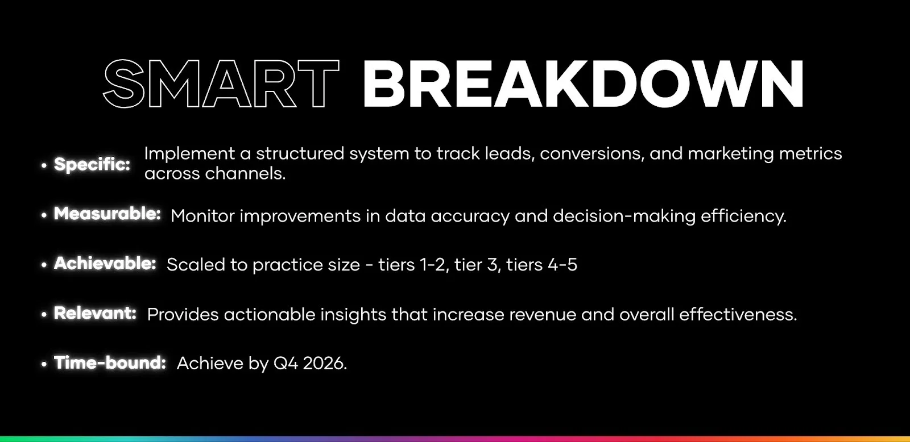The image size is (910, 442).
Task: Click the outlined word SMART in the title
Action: tap(221, 84)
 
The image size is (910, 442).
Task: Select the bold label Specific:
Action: tap(92, 164)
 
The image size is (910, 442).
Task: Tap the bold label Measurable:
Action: tap(107, 214)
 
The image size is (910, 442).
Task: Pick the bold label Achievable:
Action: tap(105, 264)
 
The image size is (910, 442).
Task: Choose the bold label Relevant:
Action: tap(95, 313)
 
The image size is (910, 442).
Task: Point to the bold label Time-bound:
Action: tap(110, 362)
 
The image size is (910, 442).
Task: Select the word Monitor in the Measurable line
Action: tap(202, 216)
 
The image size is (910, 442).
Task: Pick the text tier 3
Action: tap(476, 265)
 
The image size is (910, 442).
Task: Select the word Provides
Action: tap(183, 314)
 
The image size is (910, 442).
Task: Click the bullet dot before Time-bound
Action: tap(44, 364)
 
